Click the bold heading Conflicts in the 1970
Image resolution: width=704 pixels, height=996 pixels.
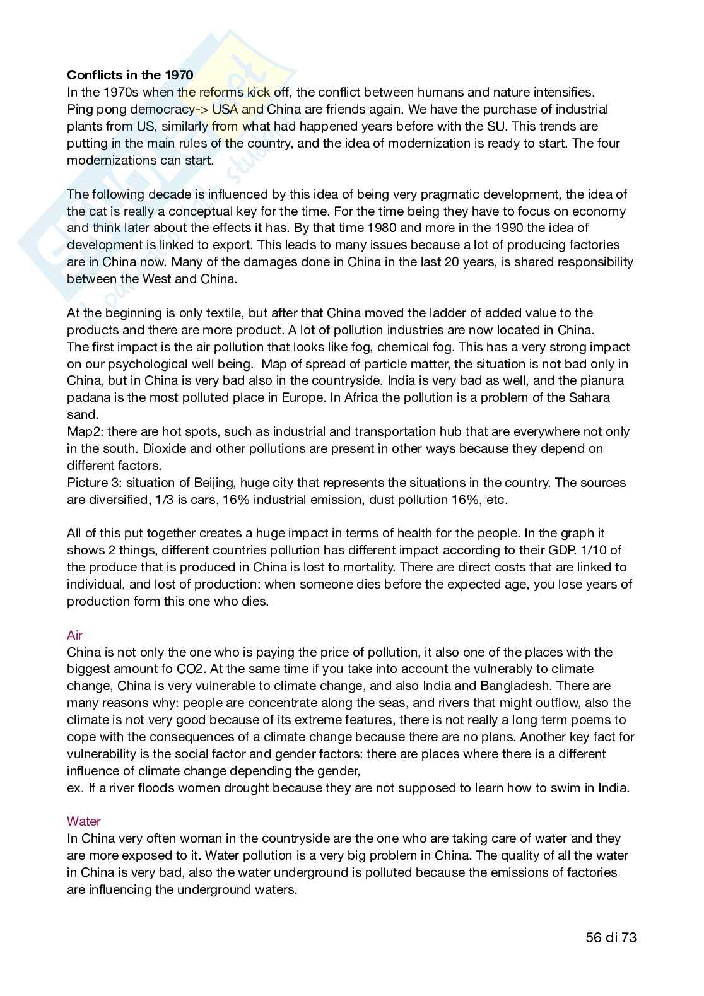[x=130, y=75]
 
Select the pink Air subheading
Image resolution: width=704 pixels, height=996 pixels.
[x=74, y=635]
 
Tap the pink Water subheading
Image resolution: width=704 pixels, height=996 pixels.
[x=83, y=821]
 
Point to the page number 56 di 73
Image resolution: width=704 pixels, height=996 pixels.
[x=611, y=937]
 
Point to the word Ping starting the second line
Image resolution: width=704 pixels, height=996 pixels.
[x=79, y=109]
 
